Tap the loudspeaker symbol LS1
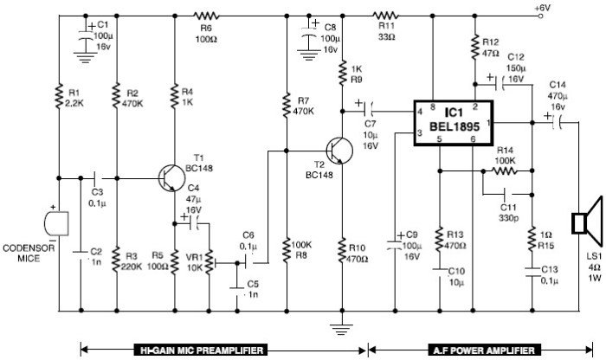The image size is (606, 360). [x=582, y=222]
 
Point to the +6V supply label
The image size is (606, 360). [x=542, y=7]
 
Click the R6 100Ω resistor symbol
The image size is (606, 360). [x=205, y=16]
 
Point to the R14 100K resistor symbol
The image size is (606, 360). [x=503, y=171]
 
